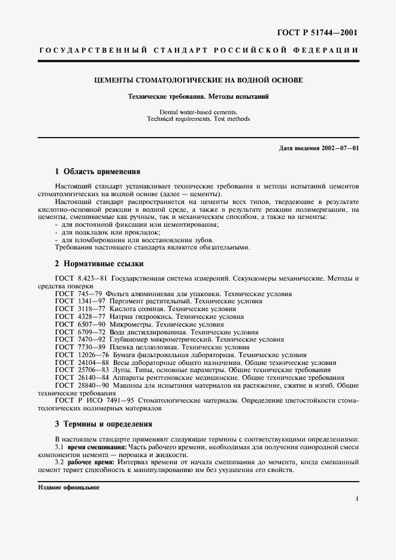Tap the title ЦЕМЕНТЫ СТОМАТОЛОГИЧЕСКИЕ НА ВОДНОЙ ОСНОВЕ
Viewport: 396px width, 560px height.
click(x=198, y=80)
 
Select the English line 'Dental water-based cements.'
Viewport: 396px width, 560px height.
click(x=198, y=112)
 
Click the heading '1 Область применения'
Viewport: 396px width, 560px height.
click(x=98, y=171)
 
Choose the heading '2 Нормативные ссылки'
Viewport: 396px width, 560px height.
click(x=99, y=264)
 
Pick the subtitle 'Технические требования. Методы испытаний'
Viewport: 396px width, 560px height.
click(x=198, y=97)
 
